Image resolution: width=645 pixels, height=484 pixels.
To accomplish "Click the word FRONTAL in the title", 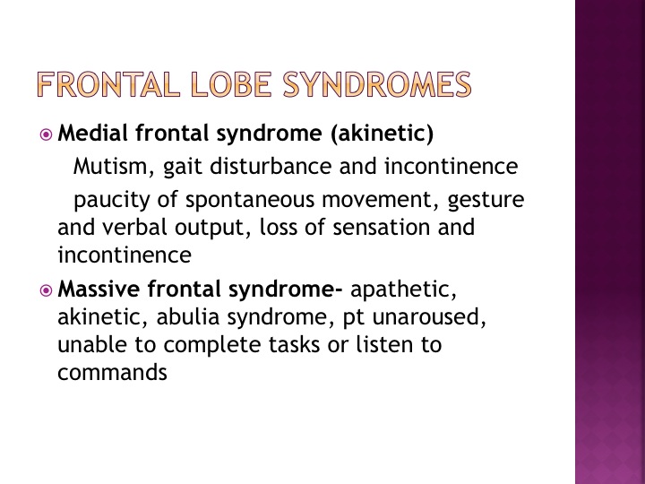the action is tap(108, 84).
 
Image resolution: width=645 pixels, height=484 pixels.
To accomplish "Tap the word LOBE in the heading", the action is tap(231, 84).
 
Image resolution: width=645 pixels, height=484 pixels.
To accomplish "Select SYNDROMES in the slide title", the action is tap(377, 84).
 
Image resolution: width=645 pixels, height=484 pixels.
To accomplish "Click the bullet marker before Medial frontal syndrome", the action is tap(46, 134).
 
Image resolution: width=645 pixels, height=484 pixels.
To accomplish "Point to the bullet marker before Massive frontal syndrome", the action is tap(46, 290).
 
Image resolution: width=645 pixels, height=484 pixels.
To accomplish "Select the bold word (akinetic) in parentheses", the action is tap(383, 134).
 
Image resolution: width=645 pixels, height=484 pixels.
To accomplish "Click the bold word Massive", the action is tap(99, 289).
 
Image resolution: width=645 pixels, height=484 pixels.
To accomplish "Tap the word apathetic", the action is tap(403, 290).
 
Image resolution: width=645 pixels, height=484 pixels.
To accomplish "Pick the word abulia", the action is tap(188, 317).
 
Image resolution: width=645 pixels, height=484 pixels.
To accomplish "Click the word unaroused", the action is tap(429, 317).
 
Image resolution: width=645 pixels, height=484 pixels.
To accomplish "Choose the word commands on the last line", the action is tap(112, 373).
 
